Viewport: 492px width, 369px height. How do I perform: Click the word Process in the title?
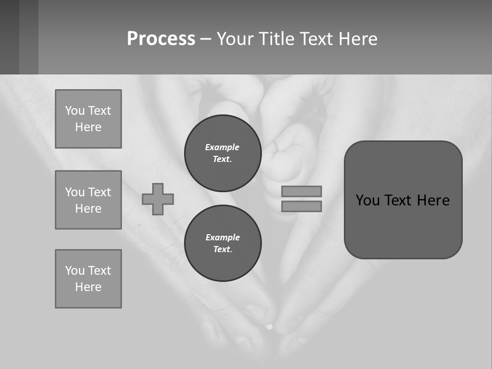click(x=161, y=39)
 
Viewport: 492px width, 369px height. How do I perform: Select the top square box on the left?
click(x=88, y=119)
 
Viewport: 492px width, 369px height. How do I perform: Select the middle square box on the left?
click(x=88, y=200)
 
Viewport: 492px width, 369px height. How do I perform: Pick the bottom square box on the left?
click(x=88, y=279)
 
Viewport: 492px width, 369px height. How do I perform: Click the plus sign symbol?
click(x=158, y=199)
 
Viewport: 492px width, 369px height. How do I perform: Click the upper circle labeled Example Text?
click(x=222, y=153)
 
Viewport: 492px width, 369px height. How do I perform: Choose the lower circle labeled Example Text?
click(x=222, y=243)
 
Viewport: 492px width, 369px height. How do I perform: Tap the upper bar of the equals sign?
click(x=301, y=191)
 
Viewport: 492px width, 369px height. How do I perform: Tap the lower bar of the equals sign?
click(x=301, y=206)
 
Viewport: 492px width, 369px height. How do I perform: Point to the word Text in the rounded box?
click(x=402, y=200)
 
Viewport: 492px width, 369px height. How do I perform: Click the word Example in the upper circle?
click(x=222, y=147)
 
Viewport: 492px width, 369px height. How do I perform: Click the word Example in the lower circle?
click(x=222, y=237)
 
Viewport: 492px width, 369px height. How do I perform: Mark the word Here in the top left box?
click(x=88, y=127)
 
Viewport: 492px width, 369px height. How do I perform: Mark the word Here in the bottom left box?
click(x=88, y=287)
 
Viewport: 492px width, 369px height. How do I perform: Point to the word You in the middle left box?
click(x=74, y=192)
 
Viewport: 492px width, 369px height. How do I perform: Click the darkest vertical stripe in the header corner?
click(x=9, y=37)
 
